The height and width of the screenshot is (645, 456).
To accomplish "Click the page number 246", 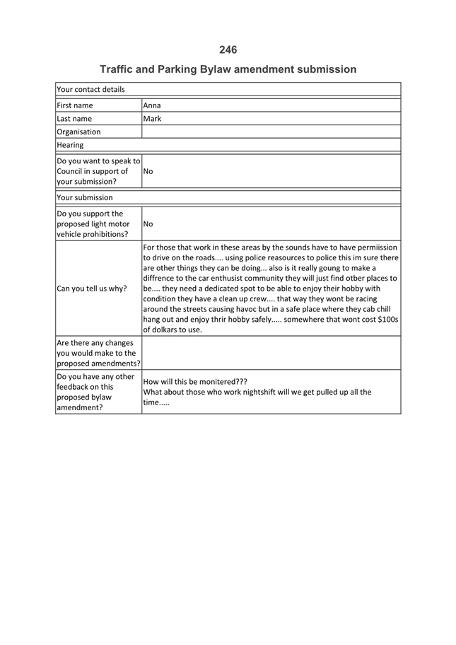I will tap(228, 50).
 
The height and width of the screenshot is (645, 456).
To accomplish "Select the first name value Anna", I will tap(152, 105).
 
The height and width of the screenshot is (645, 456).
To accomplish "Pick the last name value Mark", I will tap(152, 119).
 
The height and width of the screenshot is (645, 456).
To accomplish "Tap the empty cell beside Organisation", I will tap(271, 132).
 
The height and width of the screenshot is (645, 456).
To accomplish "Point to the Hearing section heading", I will tap(70, 145).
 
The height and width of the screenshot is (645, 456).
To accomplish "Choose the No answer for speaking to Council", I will tap(148, 171).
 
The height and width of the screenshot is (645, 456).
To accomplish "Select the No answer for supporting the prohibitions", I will tap(148, 224).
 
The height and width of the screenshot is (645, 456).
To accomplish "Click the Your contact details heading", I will tap(90, 90).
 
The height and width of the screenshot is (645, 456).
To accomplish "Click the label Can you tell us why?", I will tap(92, 289).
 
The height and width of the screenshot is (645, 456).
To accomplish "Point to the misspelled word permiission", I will tap(374, 248).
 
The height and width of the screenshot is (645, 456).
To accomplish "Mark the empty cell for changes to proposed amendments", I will tap(271, 352).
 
